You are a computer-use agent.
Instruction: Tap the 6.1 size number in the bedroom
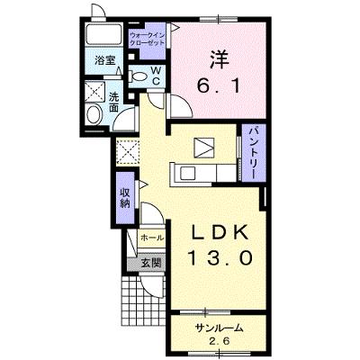coord(218,85)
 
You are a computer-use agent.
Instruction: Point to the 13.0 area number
coord(220,258)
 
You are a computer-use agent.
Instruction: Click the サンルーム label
coord(219,328)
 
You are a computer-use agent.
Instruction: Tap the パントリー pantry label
coord(254,152)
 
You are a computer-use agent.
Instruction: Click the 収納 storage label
coord(125,199)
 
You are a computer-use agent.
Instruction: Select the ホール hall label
coord(152,238)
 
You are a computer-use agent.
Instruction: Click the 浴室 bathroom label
coord(105,60)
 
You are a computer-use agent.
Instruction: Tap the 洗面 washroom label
coord(113,102)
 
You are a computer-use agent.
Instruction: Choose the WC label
coord(156,76)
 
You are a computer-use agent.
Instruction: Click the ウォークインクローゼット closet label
coord(147,39)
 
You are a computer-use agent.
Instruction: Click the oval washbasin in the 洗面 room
coord(94,114)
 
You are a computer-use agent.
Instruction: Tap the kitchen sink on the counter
coord(186,174)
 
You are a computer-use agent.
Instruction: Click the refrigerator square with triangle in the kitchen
coord(204,148)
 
